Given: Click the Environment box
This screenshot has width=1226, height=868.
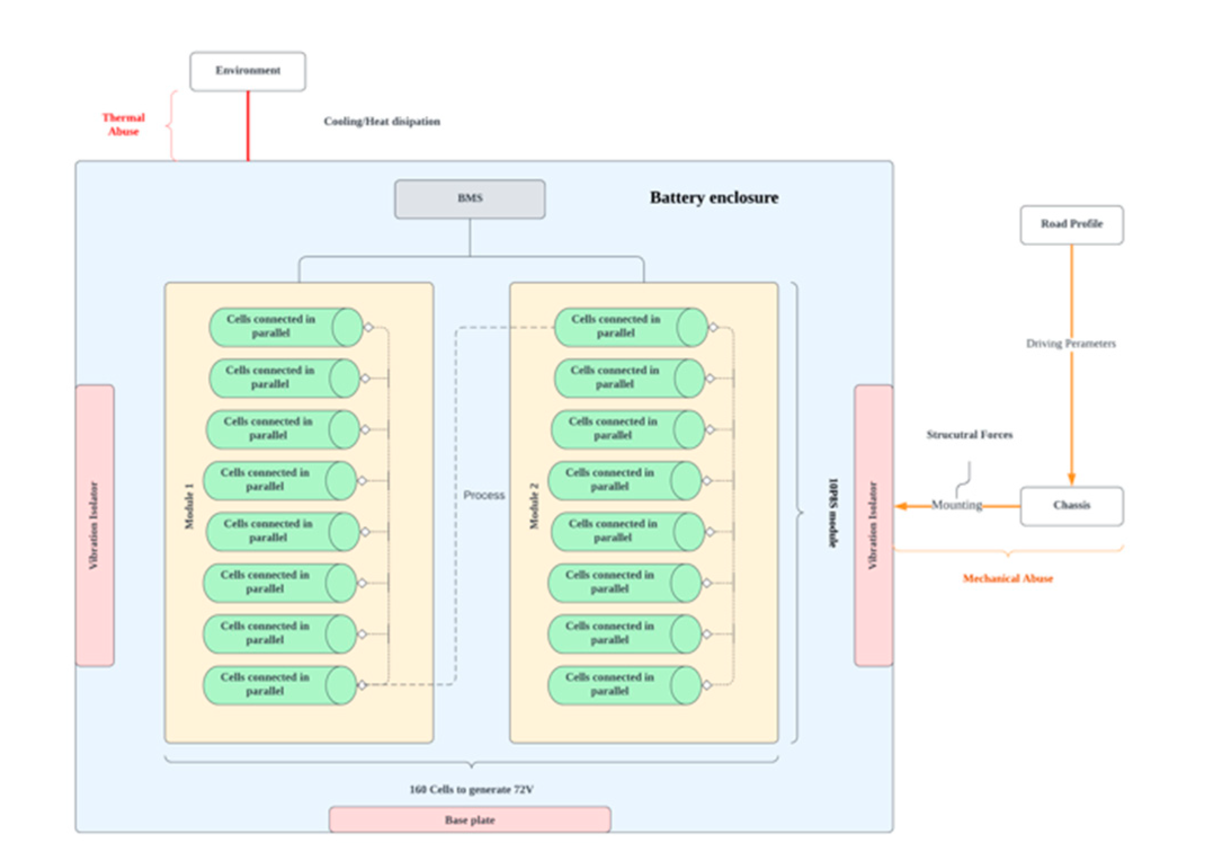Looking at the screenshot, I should (x=248, y=72).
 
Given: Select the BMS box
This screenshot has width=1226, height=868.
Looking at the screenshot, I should (x=469, y=199).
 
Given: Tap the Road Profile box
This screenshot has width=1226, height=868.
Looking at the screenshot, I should (x=1071, y=224).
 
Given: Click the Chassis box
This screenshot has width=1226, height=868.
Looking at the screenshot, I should (x=1071, y=505).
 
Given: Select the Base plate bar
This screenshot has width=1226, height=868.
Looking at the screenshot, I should (x=469, y=820).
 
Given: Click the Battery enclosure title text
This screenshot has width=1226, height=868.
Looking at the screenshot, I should (x=714, y=198).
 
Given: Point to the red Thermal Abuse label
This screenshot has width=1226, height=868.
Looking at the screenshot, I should (x=123, y=124).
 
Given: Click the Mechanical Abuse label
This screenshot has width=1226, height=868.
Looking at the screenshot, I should (x=1007, y=578).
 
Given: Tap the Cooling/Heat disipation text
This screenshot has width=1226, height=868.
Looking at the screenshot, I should (x=382, y=122).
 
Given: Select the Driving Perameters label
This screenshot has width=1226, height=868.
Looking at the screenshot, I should (x=1070, y=344).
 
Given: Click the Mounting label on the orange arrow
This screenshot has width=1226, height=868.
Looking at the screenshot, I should (x=956, y=505).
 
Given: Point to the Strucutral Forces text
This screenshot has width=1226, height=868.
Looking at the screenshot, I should (x=969, y=435).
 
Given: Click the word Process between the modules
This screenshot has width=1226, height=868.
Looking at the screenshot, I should (x=484, y=495).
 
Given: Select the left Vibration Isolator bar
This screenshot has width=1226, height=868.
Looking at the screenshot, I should (x=95, y=525).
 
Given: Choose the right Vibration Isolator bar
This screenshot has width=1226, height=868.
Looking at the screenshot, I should (x=873, y=525).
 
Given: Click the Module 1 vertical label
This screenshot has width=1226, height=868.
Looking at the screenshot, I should (x=189, y=505).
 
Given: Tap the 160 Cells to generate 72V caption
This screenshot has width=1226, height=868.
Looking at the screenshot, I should (x=471, y=790).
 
